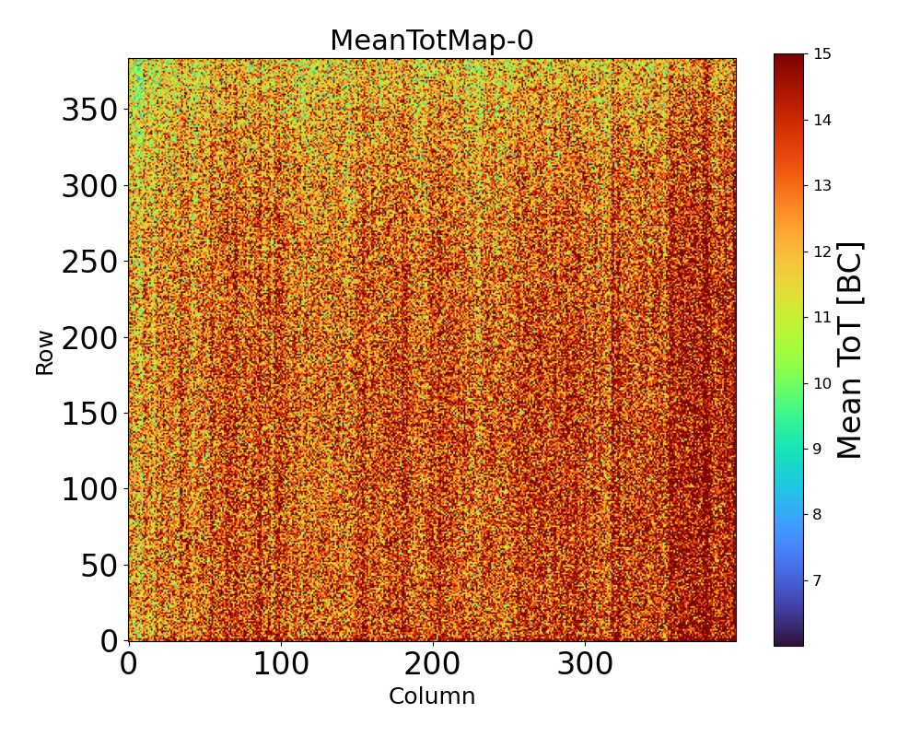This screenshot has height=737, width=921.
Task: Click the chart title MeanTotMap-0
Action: click(432, 41)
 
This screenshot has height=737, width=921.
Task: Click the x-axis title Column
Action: click(432, 696)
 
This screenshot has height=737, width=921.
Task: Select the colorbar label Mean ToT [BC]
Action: click(850, 350)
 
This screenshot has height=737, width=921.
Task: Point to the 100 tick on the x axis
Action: click(280, 664)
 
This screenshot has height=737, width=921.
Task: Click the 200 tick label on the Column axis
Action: click(432, 664)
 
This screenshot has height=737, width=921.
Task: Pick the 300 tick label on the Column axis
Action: click(585, 664)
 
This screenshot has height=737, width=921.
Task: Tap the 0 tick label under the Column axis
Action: click(129, 664)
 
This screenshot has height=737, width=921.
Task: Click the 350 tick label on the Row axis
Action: click(89, 111)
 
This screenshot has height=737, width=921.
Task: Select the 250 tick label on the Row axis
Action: click(89, 263)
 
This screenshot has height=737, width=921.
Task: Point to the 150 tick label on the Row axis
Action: click(89, 414)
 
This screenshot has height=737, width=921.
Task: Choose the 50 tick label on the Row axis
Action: click(100, 566)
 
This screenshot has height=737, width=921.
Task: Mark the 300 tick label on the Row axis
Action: click(89, 187)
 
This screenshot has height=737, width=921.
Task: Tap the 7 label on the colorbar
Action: click(816, 580)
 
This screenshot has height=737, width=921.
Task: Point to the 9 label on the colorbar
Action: click(816, 449)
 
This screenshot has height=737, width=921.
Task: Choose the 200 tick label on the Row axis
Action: click(89, 338)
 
